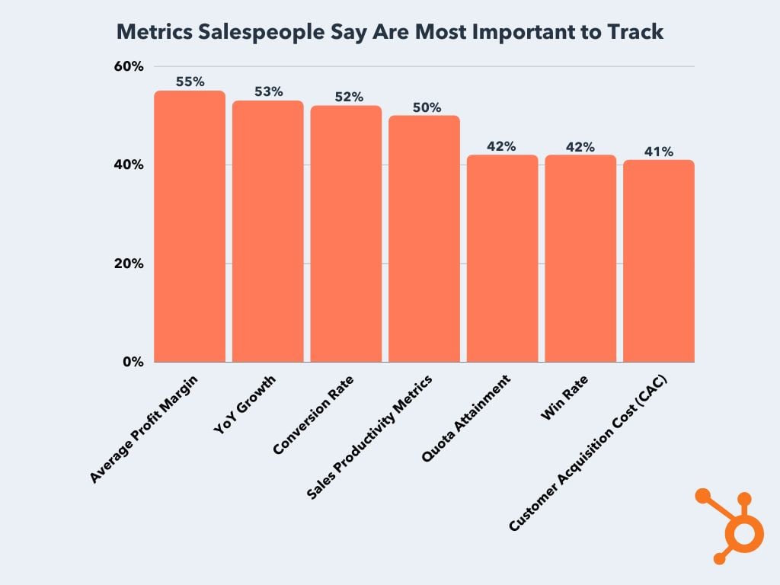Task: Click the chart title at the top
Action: coord(390,32)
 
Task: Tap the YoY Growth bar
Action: coord(267,232)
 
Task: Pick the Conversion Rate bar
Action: coord(346,234)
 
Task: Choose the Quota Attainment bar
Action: coord(502,258)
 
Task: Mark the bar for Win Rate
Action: coord(580,258)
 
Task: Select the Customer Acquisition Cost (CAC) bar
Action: coord(658,261)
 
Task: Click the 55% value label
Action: coord(190,82)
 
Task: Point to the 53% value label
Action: coord(268,91)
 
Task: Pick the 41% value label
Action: coord(659,152)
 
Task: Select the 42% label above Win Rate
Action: coord(580,146)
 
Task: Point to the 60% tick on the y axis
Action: coord(129,66)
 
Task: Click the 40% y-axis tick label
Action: coord(129,165)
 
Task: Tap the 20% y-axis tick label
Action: coord(129,264)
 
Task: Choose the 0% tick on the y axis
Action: coord(133,362)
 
